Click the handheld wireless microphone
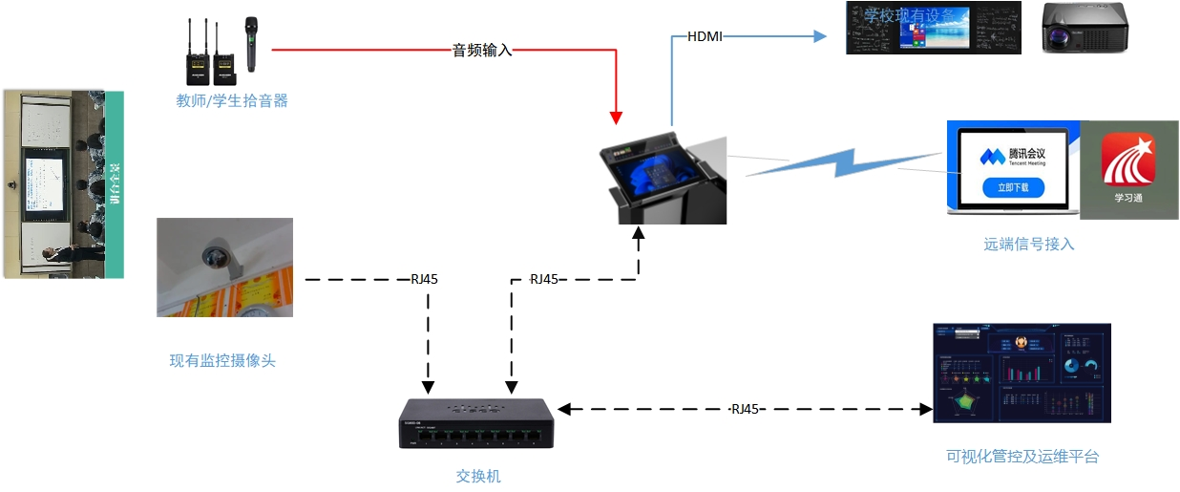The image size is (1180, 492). click(x=251, y=44)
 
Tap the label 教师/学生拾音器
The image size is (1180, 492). click(x=232, y=100)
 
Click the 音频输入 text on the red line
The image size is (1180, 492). click(x=482, y=50)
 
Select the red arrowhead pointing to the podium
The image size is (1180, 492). click(x=617, y=118)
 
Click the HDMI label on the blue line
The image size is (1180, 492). click(x=705, y=36)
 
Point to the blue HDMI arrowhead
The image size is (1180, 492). click(x=818, y=36)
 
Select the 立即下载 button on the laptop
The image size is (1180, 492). click(x=1013, y=187)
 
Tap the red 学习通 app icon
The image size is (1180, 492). click(x=1128, y=160)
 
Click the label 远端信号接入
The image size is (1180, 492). click(x=1029, y=244)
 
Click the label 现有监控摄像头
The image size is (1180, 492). click(x=222, y=360)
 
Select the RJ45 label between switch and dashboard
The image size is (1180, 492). click(x=745, y=409)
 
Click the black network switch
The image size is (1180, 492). click(x=474, y=423)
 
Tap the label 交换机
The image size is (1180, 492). click(x=478, y=476)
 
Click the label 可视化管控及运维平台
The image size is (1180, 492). click(x=1022, y=457)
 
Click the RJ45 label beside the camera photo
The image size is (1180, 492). click(x=424, y=279)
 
